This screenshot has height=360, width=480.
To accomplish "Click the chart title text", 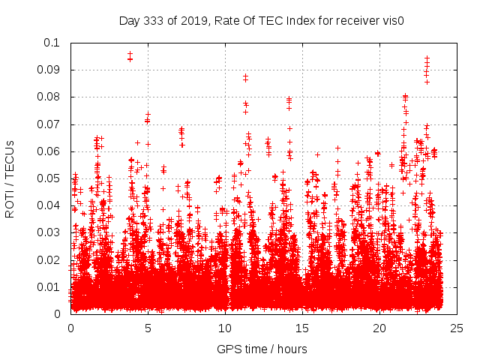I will point(262,20).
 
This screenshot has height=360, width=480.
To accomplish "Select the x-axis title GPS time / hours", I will point(262,349).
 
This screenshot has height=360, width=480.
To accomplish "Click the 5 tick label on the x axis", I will point(148,328).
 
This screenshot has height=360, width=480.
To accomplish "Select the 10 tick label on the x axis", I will point(225,328).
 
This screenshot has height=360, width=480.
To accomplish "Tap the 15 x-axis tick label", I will point(302,328).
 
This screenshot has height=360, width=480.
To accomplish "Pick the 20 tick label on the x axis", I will point(379,328).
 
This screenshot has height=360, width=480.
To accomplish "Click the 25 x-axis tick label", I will point(457,328).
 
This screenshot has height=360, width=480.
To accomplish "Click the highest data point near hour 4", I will point(130,54).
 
